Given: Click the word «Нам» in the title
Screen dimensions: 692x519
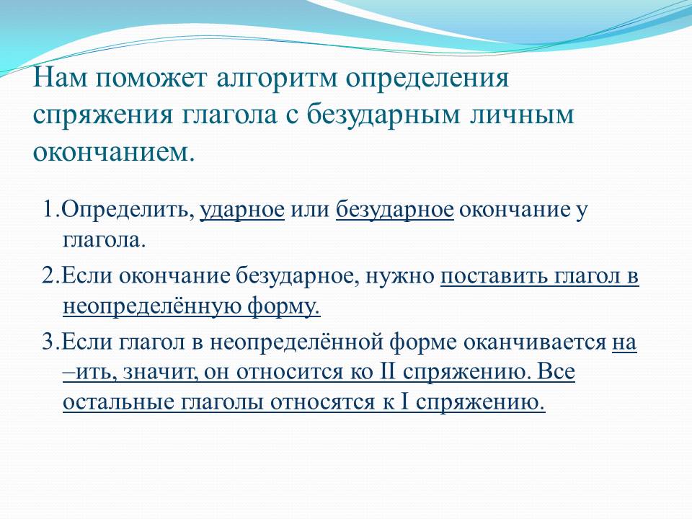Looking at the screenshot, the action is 61,78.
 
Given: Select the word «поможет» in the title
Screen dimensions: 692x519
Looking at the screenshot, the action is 152,78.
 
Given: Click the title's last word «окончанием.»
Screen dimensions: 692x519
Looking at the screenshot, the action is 114,152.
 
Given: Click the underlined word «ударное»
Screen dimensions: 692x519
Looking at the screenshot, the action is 242,210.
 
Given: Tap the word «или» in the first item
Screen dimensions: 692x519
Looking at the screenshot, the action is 310,210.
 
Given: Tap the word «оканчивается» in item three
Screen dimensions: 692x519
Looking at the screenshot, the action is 534,342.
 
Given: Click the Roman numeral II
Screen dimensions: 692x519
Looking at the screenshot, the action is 388,372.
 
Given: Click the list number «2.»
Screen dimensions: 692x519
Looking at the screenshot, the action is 50,276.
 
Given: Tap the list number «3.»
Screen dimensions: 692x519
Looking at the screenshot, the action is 50,342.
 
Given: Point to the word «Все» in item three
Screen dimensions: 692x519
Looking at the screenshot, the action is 556,372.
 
